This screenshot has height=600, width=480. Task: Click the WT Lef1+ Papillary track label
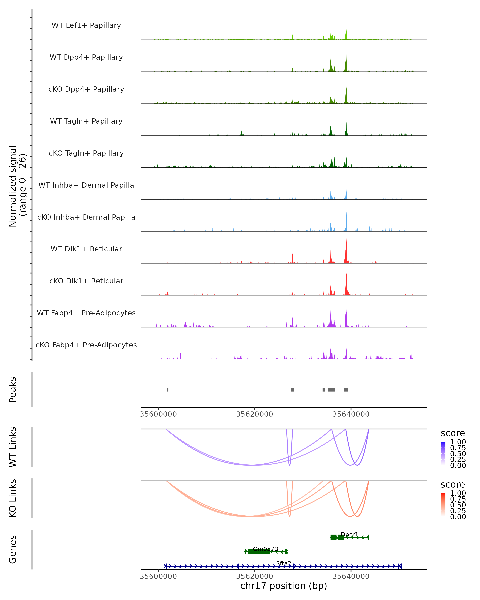pyautogui.click(x=86, y=25)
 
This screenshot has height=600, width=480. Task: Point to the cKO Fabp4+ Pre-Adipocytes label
pyautogui.click(x=86, y=345)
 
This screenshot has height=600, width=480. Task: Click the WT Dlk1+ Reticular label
pyautogui.click(x=86, y=249)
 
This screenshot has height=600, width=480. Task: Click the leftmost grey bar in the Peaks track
pyautogui.click(x=168, y=390)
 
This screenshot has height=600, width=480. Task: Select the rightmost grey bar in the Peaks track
pyautogui.click(x=346, y=390)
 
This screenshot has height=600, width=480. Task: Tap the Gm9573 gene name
pyautogui.click(x=265, y=549)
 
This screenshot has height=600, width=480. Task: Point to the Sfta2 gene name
pyautogui.click(x=284, y=563)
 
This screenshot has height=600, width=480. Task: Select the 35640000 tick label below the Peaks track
pyautogui.click(x=351, y=414)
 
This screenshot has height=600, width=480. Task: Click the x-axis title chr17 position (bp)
pyautogui.click(x=284, y=586)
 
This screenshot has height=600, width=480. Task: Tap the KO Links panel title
pyautogui.click(x=13, y=498)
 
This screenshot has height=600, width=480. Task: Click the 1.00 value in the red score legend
pyautogui.click(x=458, y=493)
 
